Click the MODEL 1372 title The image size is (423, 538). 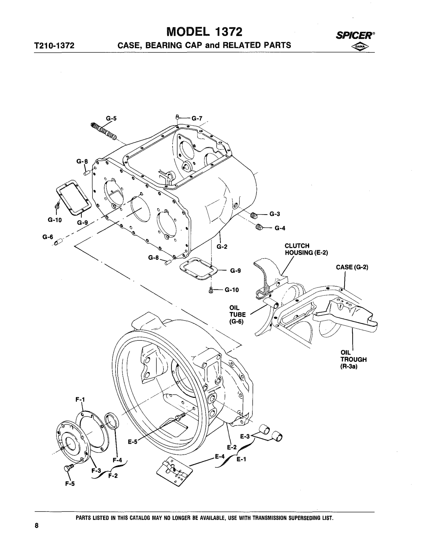pyautogui.click(x=205, y=32)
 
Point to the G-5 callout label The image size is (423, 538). pyautogui.click(x=111, y=118)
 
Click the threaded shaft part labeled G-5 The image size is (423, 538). pyautogui.click(x=103, y=131)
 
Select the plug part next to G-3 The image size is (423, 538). pyautogui.click(x=254, y=215)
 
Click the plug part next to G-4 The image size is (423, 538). pyautogui.click(x=260, y=227)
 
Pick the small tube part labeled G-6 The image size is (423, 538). pyautogui.click(x=59, y=242)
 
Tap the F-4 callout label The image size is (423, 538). pyautogui.click(x=117, y=460)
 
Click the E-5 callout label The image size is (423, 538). pyautogui.click(x=133, y=442)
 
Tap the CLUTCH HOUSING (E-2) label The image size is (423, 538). pyautogui.click(x=306, y=249)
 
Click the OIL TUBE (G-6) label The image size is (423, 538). pyautogui.click(x=237, y=315)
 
